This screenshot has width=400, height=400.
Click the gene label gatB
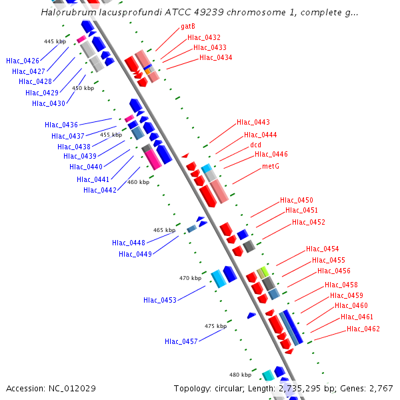[x=188, y=27]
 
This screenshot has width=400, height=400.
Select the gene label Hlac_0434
[x=215, y=58]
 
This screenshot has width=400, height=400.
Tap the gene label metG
[x=270, y=166]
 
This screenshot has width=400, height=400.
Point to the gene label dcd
[x=255, y=145]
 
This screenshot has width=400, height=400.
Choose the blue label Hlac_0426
[x=23, y=61]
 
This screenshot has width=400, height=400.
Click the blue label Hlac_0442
[x=100, y=190]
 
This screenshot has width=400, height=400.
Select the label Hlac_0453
[x=160, y=300]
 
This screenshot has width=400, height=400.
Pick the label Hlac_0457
[x=181, y=341]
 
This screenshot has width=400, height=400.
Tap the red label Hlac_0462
[x=363, y=329]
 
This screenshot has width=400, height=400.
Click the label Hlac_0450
[x=297, y=200]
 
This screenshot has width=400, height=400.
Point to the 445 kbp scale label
[x=55, y=41]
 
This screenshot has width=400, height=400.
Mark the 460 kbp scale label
[x=138, y=182]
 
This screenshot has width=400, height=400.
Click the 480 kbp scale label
[x=241, y=375]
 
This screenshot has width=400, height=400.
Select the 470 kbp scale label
[x=190, y=278]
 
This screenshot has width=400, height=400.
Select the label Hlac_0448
[x=129, y=243]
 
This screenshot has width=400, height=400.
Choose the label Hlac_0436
[x=61, y=125]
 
